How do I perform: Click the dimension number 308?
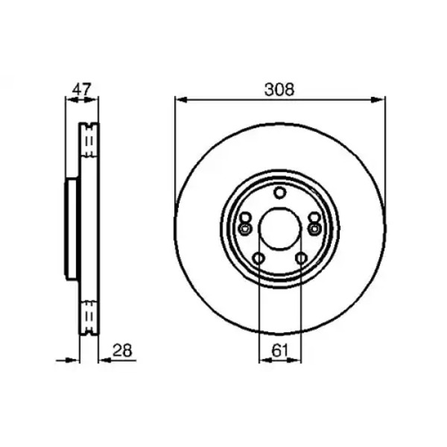click(x=279, y=89)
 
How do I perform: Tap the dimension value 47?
click(x=81, y=89)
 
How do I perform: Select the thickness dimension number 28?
click(x=122, y=350)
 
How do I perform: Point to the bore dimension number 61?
click(x=280, y=350)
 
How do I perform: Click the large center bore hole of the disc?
click(x=279, y=228)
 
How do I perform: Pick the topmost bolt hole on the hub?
click(x=280, y=193)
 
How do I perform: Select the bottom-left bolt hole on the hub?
click(x=259, y=259)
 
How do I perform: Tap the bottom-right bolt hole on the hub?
click(x=301, y=259)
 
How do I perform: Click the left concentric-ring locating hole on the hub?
click(x=244, y=229)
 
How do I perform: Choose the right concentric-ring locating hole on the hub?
click(x=314, y=229)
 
